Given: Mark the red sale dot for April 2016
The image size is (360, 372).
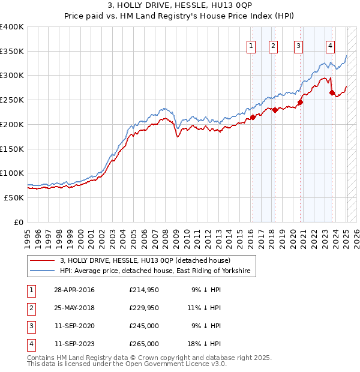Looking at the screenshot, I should pyautogui.click(x=253, y=117).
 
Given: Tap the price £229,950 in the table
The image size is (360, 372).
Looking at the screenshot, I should pyautogui.click(x=144, y=308).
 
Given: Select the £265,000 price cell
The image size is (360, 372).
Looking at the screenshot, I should pyautogui.click(x=144, y=344).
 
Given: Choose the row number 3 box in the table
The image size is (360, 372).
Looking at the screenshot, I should pyautogui.click(x=31, y=326).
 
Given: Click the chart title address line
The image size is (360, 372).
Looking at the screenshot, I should pyautogui.click(x=179, y=7).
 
